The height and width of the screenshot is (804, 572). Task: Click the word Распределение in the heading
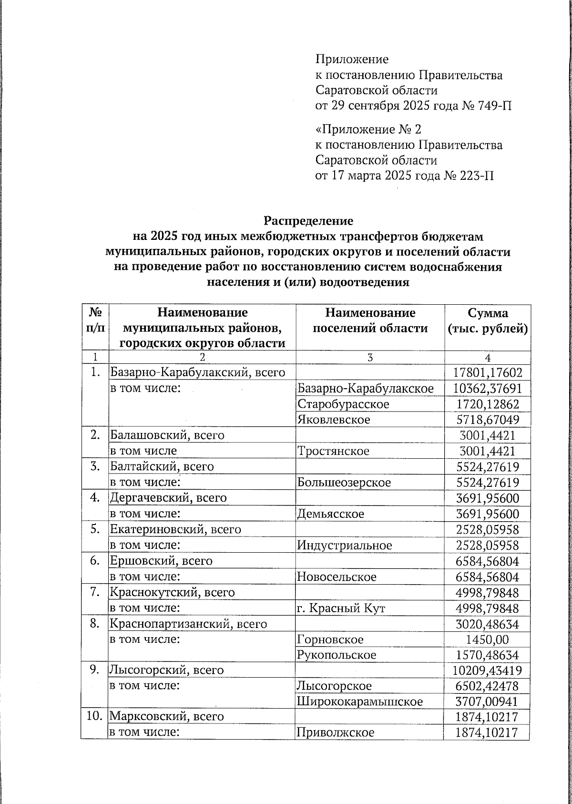(308, 221)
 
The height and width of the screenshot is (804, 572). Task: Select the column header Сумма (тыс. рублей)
(487, 321)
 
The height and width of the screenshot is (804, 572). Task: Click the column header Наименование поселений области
(369, 320)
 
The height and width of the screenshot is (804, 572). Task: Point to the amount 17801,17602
(487, 372)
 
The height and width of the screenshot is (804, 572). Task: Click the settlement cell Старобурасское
(343, 404)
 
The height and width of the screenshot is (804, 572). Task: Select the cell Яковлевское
(334, 420)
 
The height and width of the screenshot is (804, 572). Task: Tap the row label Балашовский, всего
(167, 435)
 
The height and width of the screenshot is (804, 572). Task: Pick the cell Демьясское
(330, 514)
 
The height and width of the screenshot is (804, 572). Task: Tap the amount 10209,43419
(487, 670)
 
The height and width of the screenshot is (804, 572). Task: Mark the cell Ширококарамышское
(360, 701)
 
